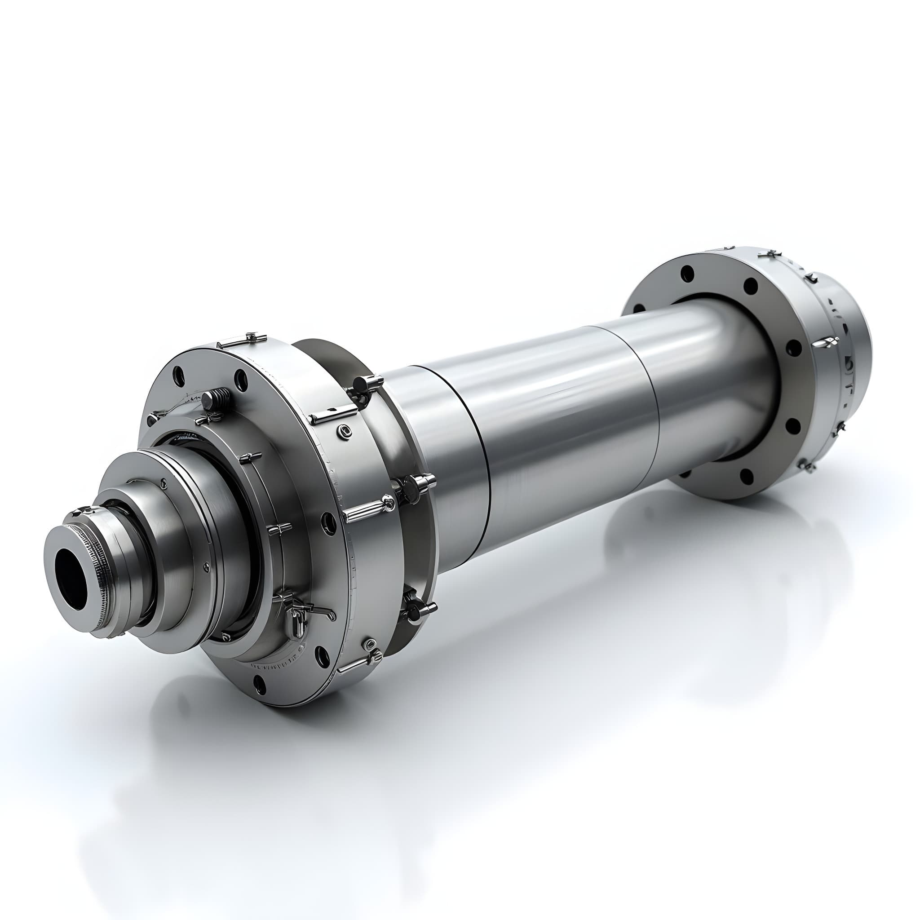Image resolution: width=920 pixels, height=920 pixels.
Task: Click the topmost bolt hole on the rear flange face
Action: pos(687,273)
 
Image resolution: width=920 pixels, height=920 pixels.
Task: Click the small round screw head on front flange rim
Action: pos(344,432)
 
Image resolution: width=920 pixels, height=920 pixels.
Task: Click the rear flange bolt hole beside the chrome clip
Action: pos(792,348)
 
